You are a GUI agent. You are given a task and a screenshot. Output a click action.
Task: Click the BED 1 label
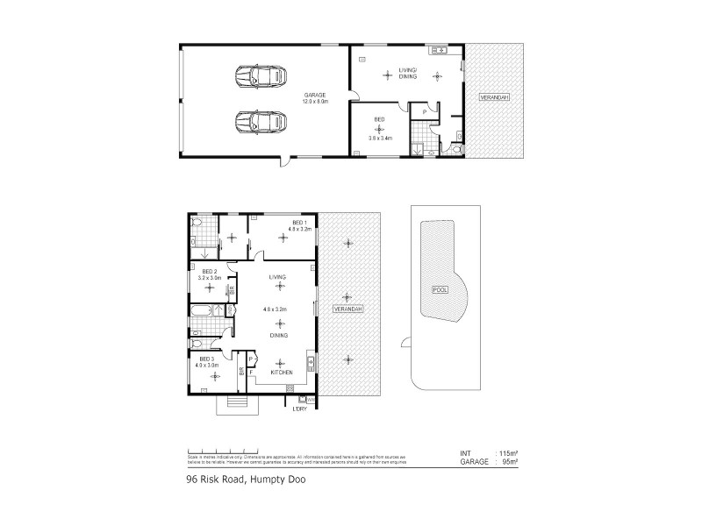[x=298, y=224]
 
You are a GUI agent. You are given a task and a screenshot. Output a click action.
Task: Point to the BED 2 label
[x=209, y=272]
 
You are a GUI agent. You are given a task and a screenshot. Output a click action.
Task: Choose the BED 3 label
[x=206, y=359]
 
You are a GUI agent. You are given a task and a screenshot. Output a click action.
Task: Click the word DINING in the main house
[x=279, y=336]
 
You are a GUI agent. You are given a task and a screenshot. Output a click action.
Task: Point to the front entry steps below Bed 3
[x=237, y=402]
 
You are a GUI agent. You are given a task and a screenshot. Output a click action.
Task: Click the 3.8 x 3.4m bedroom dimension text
[x=381, y=138]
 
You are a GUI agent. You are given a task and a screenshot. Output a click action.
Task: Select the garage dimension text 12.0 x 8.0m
[x=314, y=102]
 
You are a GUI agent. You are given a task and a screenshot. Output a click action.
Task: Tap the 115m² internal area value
[x=506, y=453]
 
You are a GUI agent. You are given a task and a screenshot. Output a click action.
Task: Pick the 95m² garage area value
[x=507, y=460]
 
